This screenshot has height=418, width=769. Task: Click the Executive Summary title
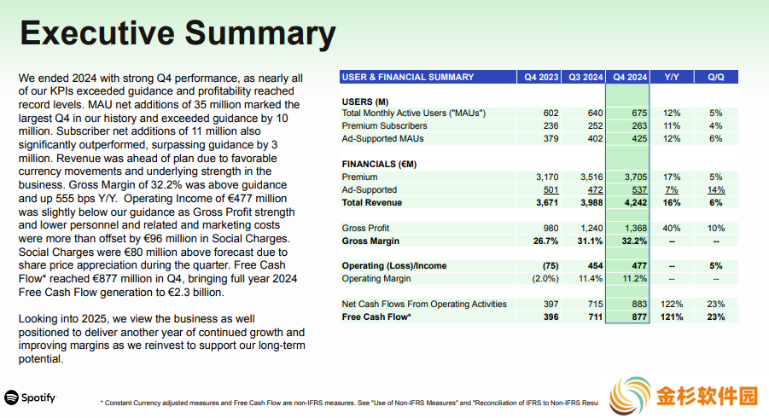(x=178, y=32)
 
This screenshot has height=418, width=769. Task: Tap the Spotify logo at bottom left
(x=31, y=398)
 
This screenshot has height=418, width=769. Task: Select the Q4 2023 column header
(x=541, y=77)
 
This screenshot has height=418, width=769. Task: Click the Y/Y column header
(x=672, y=77)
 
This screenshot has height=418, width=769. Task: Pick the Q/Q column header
(x=715, y=77)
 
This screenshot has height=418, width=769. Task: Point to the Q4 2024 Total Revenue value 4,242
(x=636, y=202)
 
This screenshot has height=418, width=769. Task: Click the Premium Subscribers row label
(x=384, y=126)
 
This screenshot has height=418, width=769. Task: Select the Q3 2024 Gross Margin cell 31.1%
(x=590, y=241)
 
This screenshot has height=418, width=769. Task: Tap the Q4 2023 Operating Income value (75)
(x=551, y=265)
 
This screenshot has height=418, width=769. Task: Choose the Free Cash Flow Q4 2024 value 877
(x=639, y=316)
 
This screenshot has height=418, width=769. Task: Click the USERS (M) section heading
(x=365, y=102)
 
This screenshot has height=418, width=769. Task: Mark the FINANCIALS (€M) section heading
(x=379, y=164)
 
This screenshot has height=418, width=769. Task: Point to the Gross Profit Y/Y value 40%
(x=672, y=229)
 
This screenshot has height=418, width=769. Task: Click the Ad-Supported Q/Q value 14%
(x=716, y=189)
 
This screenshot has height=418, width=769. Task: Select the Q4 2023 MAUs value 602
(x=551, y=113)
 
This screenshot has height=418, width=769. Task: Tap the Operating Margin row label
(x=376, y=279)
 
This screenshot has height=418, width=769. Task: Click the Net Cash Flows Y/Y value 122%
(x=672, y=304)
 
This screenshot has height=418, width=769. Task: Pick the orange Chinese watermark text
(x=708, y=396)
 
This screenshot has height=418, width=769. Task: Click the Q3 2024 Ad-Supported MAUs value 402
(x=595, y=139)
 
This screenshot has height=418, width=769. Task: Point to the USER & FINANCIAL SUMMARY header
(x=408, y=77)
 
